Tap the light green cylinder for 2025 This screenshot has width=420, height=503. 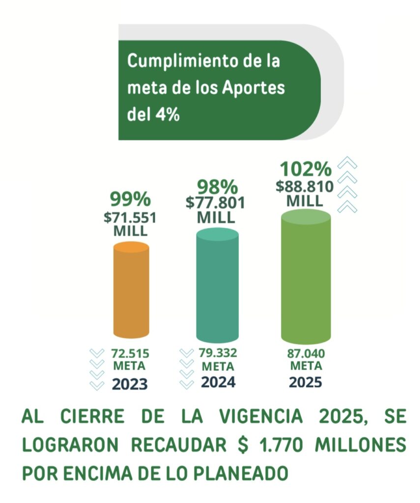306,278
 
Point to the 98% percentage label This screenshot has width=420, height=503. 217,187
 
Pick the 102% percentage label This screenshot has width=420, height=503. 306,169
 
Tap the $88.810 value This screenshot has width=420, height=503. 306,187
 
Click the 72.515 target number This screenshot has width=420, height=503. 130,354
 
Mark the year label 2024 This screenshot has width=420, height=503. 217,382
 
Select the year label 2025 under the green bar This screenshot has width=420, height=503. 306,382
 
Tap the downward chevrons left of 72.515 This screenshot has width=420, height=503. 97,369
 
